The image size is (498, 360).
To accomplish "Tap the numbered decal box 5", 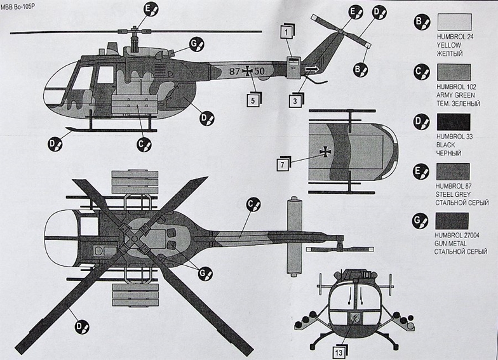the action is point(253,100).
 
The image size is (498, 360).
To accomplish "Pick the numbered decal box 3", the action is point(295,100).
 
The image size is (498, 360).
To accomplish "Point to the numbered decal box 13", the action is point(339,352).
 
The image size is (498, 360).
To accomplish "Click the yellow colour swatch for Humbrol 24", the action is point(455,22).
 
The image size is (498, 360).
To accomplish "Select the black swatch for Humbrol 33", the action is point(454,122).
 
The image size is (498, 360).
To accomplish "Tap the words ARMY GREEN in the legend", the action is point(456,95).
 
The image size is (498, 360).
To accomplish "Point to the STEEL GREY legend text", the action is point(453,194).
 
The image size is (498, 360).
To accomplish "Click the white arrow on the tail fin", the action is point(312,69).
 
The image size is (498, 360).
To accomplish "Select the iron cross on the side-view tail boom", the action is point(248,71).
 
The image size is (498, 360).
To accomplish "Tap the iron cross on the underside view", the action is point(325,152).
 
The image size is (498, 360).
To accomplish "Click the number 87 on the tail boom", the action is point(234,71).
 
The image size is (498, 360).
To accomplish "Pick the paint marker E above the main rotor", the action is point(150,10).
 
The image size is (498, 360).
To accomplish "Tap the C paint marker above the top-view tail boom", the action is point(253,206).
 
